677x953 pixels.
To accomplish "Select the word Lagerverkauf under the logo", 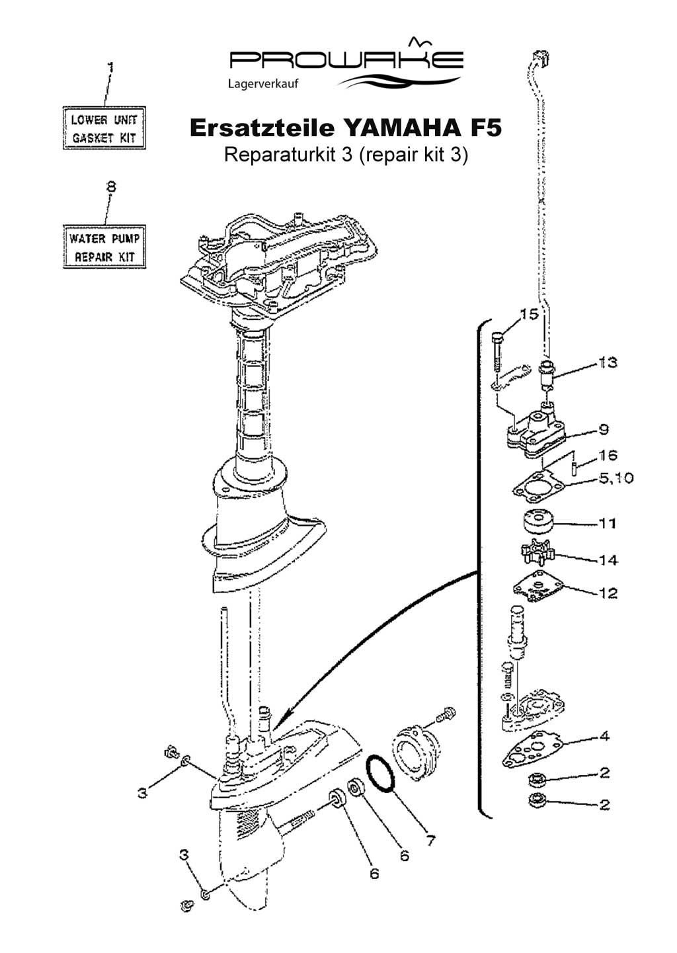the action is [263, 84].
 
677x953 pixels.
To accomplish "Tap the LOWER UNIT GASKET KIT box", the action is [104, 128].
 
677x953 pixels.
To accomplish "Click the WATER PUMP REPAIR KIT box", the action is [104, 247].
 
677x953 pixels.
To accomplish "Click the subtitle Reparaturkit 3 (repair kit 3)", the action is [346, 155].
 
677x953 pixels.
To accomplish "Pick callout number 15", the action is [529, 314].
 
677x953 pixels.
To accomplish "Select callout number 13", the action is [608, 362].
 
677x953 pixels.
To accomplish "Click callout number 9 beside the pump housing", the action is [604, 429].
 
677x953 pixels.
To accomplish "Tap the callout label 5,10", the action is [616, 478].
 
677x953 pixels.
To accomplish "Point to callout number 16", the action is [608, 455].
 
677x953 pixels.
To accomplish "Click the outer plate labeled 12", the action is [540, 587].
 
